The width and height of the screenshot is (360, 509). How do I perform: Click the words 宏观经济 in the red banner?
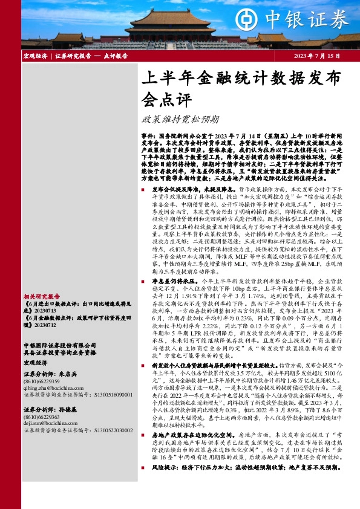(x=35, y=56)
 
